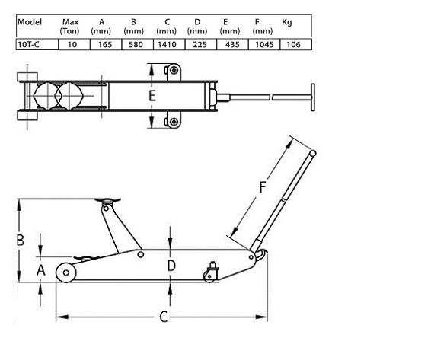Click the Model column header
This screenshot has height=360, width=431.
tap(29, 22)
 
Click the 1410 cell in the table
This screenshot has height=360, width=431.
tap(167, 45)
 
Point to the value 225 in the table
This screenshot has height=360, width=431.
tap(197, 45)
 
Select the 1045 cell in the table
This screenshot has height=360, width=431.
tap(261, 45)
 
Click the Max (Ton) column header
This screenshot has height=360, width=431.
tap(70, 27)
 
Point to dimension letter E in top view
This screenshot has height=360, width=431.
tap(152, 97)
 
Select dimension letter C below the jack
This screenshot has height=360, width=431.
tap(163, 317)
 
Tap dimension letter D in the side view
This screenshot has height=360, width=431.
tap(172, 266)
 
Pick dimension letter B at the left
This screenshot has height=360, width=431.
tap(21, 240)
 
